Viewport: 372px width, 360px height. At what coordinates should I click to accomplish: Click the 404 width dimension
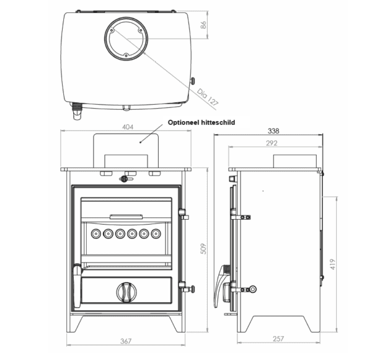(128, 127)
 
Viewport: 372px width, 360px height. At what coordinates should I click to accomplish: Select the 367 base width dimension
(126, 341)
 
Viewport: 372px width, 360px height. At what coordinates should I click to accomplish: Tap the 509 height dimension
(203, 249)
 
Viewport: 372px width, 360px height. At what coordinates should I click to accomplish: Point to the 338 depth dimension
(273, 131)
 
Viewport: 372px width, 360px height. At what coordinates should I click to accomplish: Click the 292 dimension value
(272, 143)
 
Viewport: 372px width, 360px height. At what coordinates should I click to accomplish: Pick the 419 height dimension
(332, 264)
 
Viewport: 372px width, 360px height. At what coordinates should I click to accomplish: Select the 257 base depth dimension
(278, 339)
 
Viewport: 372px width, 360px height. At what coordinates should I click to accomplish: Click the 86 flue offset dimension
(203, 25)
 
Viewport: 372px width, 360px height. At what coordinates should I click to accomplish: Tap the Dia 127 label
(207, 97)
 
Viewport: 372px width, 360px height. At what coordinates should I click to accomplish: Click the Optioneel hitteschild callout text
(201, 122)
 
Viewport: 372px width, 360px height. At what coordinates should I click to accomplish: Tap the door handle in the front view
(77, 285)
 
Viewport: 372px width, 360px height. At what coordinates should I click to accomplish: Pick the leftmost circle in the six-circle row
(96, 234)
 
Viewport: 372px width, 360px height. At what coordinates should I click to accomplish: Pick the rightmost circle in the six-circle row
(156, 234)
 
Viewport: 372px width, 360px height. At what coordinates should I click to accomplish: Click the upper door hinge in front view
(184, 214)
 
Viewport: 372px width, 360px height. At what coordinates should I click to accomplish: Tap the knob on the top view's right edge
(192, 81)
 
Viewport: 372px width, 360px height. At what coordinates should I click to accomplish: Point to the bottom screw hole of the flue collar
(126, 56)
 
